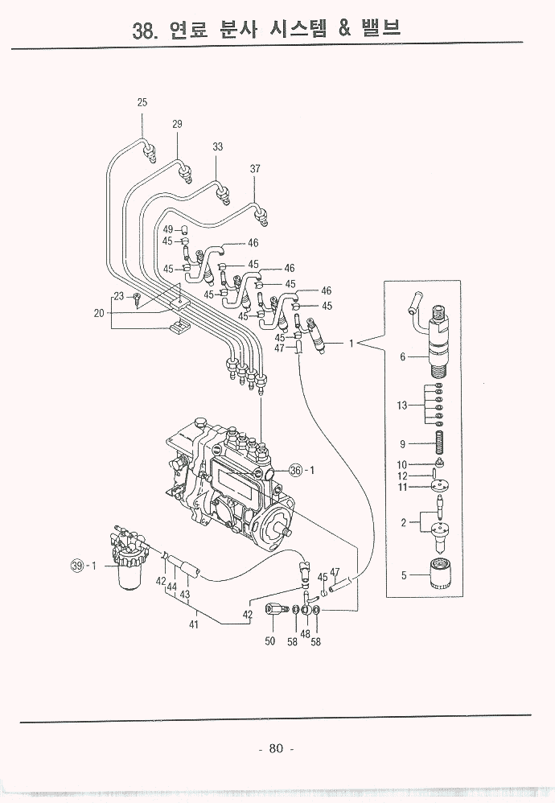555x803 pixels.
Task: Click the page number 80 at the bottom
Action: point(276,748)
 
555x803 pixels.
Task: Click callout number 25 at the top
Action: point(142,102)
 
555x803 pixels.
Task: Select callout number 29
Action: point(177,124)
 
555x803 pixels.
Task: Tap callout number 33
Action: point(217,146)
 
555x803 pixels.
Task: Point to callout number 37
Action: point(255,169)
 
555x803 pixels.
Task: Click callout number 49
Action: point(167,229)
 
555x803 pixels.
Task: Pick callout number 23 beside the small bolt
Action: point(119,297)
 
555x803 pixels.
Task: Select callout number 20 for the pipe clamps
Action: point(99,314)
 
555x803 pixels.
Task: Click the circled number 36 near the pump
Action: point(295,471)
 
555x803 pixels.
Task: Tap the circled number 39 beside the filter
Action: point(78,566)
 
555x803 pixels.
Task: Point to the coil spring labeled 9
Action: point(440,443)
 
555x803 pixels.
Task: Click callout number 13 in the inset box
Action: point(402,406)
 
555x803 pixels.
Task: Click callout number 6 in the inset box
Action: point(403,357)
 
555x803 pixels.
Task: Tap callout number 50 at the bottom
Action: point(270,641)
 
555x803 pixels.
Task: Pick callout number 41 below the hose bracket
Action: point(194,624)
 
